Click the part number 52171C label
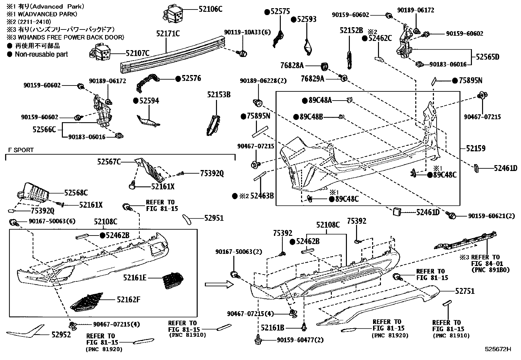pyautogui.click(x=168, y=33)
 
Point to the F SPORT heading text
pyautogui.click(x=21, y=150)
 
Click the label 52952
pyautogui.click(x=61, y=335)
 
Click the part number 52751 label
pyautogui.click(x=465, y=291)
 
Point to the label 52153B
pyautogui.click(x=219, y=95)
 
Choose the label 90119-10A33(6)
pyautogui.click(x=247, y=32)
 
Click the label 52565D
pyautogui.click(x=487, y=57)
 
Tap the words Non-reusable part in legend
pyautogui.click(x=41, y=54)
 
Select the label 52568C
pyautogui.click(x=76, y=193)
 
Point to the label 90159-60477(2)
pyautogui.click(x=300, y=340)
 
